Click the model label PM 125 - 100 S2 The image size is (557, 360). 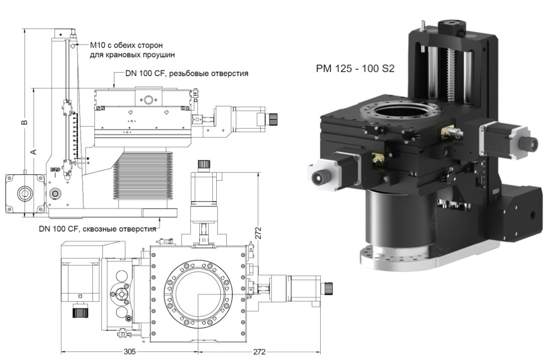[x=355, y=69]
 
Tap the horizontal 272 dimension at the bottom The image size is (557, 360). [x=259, y=352]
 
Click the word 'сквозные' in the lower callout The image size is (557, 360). [x=101, y=230]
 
